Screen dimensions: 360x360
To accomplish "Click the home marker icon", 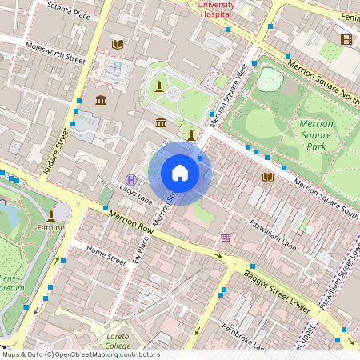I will [180, 173].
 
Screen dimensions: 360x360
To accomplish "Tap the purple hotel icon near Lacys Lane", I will [131, 178].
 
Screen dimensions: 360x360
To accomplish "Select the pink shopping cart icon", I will [226, 237].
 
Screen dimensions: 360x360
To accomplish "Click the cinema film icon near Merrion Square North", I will [346, 39].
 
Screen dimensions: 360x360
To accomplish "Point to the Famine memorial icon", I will [51, 215].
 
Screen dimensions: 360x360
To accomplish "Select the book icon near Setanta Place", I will [117, 43].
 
